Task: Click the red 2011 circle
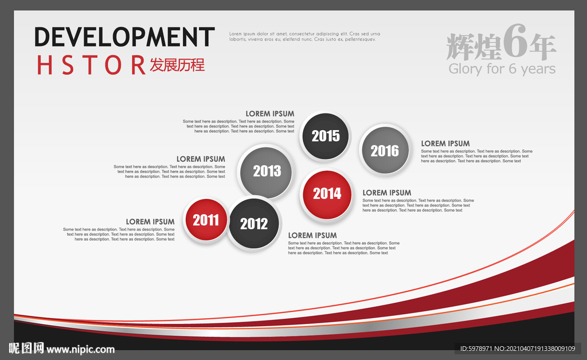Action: [x=206, y=220]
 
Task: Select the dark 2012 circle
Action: [x=254, y=224]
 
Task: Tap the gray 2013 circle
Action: [x=266, y=172]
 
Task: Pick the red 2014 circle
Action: [x=327, y=194]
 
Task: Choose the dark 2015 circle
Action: [x=326, y=136]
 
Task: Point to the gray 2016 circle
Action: [x=385, y=150]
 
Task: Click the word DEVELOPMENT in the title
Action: [x=124, y=37]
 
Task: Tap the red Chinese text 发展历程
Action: [x=177, y=65]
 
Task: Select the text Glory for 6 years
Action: [x=502, y=69]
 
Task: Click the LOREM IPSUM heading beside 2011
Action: [x=150, y=221]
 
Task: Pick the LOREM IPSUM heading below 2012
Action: [x=312, y=236]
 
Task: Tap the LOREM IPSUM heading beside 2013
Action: [x=201, y=159]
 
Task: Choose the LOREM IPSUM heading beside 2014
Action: [x=387, y=193]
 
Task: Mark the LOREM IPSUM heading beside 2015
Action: [x=270, y=114]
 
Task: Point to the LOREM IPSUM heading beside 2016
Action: [x=445, y=143]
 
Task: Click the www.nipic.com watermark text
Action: [x=80, y=350]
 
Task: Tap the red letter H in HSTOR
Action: [x=44, y=65]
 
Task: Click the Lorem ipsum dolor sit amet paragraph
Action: [x=305, y=36]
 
